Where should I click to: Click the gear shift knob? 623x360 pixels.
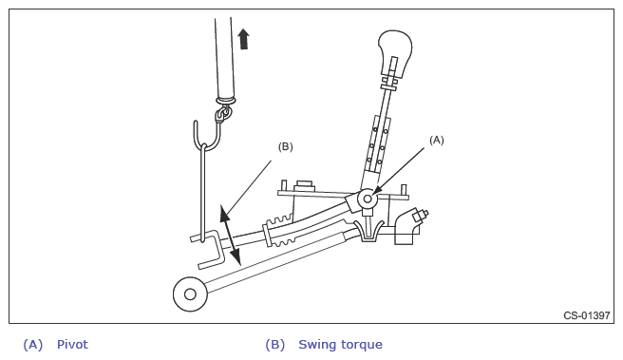(394, 51)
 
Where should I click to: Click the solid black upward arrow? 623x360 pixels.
(243, 39)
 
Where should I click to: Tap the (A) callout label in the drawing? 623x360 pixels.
(436, 140)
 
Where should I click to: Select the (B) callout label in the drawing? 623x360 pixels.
(285, 146)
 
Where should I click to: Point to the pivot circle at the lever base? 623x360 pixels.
(368, 199)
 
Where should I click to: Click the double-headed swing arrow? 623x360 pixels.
(230, 235)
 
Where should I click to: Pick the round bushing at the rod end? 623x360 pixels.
(190, 294)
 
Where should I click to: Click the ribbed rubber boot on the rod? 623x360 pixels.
(279, 231)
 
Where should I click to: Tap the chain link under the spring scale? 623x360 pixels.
(222, 114)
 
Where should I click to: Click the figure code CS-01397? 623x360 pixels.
(587, 315)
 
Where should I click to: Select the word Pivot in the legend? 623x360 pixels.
(72, 344)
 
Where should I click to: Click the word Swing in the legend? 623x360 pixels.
(318, 345)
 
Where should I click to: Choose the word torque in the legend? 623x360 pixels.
(362, 345)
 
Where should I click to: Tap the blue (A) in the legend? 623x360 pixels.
(33, 345)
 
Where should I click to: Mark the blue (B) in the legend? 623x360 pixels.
(275, 345)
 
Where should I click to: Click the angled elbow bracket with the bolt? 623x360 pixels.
(409, 226)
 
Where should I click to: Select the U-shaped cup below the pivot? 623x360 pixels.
(369, 231)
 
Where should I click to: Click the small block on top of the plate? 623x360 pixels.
(304, 185)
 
